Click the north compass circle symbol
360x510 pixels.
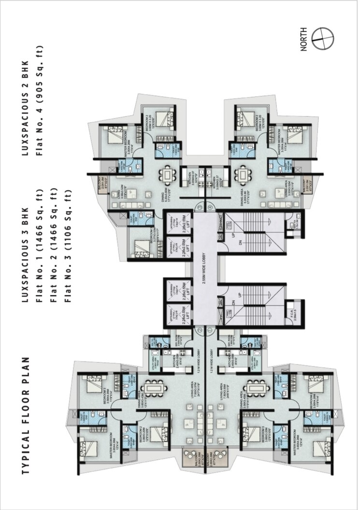coord(322,39)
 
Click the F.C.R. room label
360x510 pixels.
coord(290,312)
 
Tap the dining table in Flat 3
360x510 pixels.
coord(168,174)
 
